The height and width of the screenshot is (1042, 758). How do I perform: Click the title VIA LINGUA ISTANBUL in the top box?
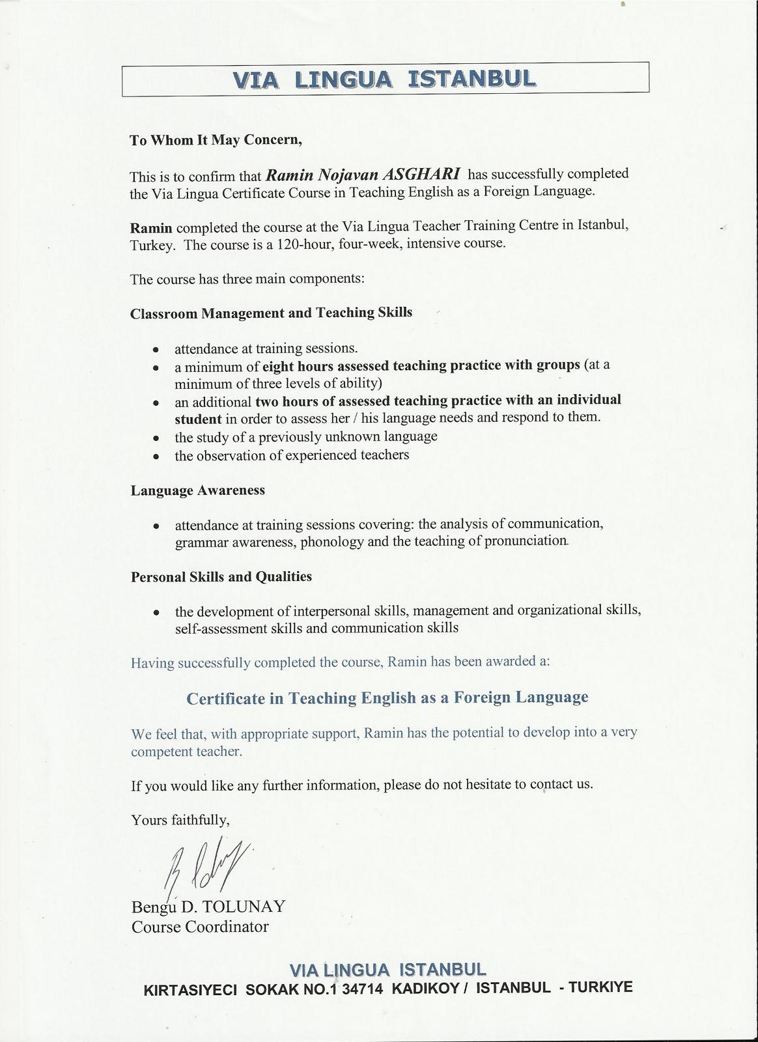385,79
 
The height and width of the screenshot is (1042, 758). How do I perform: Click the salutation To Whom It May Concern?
216,140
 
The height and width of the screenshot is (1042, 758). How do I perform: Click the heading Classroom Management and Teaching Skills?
271,313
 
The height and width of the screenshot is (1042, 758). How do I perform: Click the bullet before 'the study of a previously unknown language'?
156,438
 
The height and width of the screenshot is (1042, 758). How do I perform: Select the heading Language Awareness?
198,490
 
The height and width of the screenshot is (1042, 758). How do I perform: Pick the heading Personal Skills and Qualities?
221,577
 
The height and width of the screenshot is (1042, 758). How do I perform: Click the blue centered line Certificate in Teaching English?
387,697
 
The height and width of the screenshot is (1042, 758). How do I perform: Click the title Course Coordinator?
200,927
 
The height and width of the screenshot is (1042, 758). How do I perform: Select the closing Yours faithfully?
180,820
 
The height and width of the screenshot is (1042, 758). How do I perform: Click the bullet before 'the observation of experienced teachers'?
156,458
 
